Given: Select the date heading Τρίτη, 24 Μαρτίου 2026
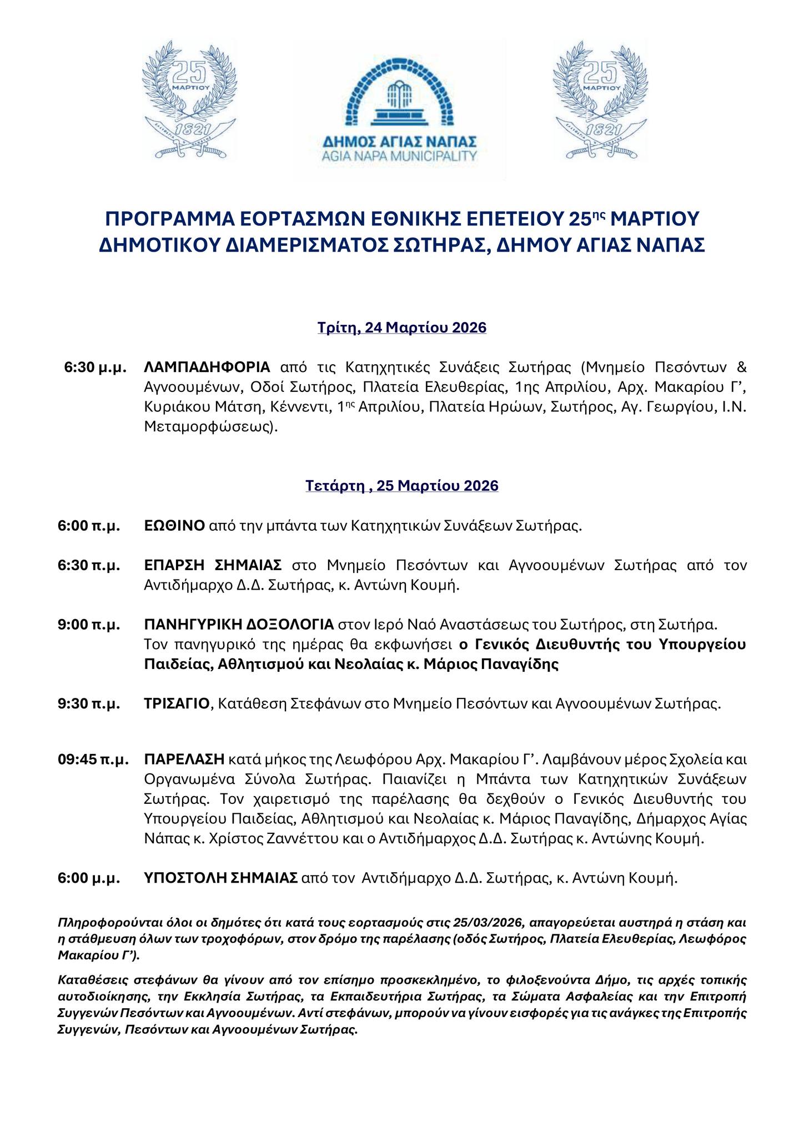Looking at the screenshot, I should [x=402, y=328].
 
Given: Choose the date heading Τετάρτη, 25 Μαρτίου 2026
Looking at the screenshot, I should [x=402, y=485].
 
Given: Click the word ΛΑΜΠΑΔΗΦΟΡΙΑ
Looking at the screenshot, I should [x=207, y=367].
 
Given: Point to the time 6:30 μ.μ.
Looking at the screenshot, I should [x=96, y=367].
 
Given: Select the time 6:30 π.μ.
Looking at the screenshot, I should [x=89, y=565].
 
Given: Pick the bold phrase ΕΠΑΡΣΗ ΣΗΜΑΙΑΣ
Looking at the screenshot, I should [x=213, y=565].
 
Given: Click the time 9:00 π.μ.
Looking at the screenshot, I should [x=89, y=625].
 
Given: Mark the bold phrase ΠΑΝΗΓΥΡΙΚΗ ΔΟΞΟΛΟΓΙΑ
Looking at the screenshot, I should [x=239, y=625].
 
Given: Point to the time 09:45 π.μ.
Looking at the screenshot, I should [x=93, y=759].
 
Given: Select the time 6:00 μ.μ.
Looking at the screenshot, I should [x=89, y=878].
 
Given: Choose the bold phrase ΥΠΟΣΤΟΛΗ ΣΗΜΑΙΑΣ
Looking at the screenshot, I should [x=220, y=878].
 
